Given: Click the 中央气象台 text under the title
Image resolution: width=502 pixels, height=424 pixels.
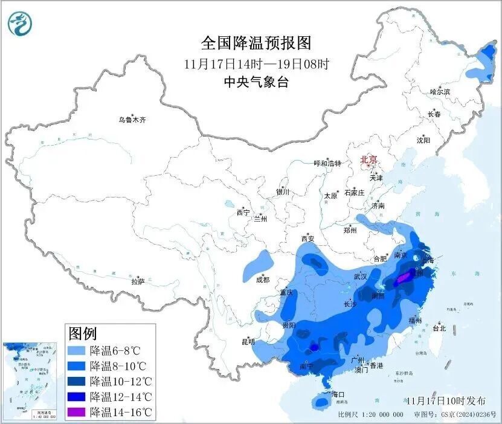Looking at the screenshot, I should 256,83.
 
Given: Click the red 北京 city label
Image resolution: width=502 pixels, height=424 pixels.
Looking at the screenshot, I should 368,159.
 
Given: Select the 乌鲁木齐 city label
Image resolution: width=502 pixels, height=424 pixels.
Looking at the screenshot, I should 132,120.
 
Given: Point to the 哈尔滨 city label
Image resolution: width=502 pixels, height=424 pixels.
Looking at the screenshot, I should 440,92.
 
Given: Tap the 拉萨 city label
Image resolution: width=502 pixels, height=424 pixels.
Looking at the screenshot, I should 138,281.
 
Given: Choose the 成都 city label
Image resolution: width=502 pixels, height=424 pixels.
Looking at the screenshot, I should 263,280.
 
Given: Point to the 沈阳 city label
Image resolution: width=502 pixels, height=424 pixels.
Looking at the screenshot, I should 423,140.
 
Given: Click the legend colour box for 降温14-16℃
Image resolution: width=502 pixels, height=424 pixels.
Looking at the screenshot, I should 77,413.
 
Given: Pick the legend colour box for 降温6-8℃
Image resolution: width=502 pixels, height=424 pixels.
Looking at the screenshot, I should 77,350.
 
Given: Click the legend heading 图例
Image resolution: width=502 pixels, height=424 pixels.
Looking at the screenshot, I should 83,333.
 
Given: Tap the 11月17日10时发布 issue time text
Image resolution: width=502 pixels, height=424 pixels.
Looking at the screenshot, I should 446,400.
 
